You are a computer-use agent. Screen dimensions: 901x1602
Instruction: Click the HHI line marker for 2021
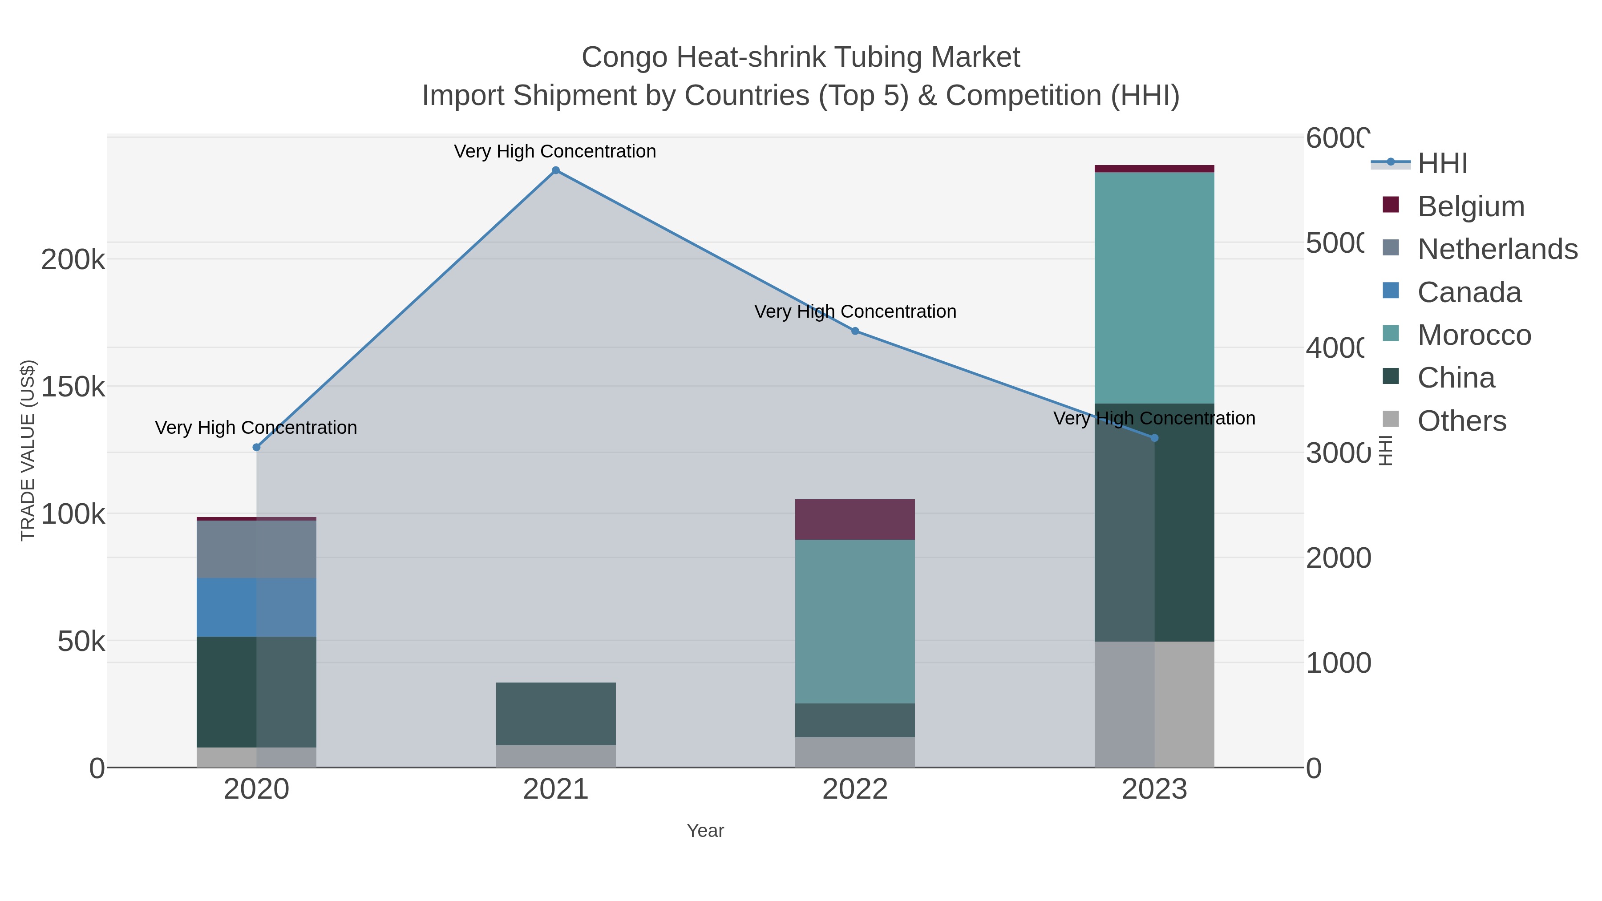tap(555, 170)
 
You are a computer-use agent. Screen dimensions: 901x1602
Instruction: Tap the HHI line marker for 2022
tap(855, 331)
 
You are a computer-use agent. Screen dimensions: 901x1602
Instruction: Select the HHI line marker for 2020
tap(256, 447)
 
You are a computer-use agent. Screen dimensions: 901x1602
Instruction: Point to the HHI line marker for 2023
tap(1154, 438)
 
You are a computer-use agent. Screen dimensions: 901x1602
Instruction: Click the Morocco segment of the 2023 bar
tap(1154, 287)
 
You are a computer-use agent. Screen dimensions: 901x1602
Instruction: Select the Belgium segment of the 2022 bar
tap(855, 519)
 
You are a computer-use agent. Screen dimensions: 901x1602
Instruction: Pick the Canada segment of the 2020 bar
tap(256, 607)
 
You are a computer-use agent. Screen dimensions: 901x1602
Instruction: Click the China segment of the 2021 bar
tap(555, 713)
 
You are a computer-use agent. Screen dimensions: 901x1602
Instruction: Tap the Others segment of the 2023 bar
tap(1154, 704)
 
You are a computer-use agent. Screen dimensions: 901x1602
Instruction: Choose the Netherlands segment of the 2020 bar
tap(256, 549)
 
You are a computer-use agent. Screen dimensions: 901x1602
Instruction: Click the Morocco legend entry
tap(1473, 335)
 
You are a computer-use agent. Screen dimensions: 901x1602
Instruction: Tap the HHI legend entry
tap(1441, 164)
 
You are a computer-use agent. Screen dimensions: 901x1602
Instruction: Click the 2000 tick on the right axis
tap(1338, 558)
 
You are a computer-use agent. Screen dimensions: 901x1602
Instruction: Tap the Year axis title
tap(705, 831)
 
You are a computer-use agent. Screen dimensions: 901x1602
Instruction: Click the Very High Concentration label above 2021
tap(555, 151)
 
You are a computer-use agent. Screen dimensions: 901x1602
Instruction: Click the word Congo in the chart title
tap(624, 57)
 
